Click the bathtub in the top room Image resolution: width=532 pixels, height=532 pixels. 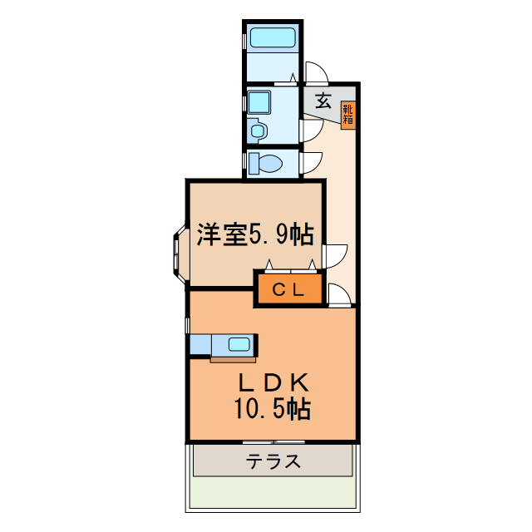[273, 37]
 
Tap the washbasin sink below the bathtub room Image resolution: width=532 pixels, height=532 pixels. [257, 131]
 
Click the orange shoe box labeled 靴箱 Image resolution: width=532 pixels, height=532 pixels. [348, 114]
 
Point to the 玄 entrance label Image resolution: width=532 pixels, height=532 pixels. [324, 102]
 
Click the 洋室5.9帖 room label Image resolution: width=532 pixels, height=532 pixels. [254, 235]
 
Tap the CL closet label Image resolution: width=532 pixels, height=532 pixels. [287, 290]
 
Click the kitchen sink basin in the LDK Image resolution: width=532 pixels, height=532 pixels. [239, 344]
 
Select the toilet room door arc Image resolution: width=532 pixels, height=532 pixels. [312, 163]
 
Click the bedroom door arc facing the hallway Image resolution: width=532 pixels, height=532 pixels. [336, 255]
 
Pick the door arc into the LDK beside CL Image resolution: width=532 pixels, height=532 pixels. [340, 293]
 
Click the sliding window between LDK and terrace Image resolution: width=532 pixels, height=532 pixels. [273, 441]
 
